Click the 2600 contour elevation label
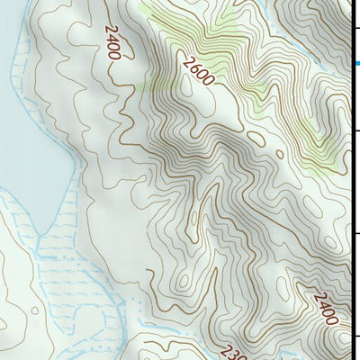(x=197, y=71)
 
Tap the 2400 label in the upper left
(x=112, y=42)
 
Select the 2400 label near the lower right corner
(x=327, y=308)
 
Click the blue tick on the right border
(x=357, y=63)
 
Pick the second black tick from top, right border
(x=357, y=131)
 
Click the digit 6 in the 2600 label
(x=193, y=67)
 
